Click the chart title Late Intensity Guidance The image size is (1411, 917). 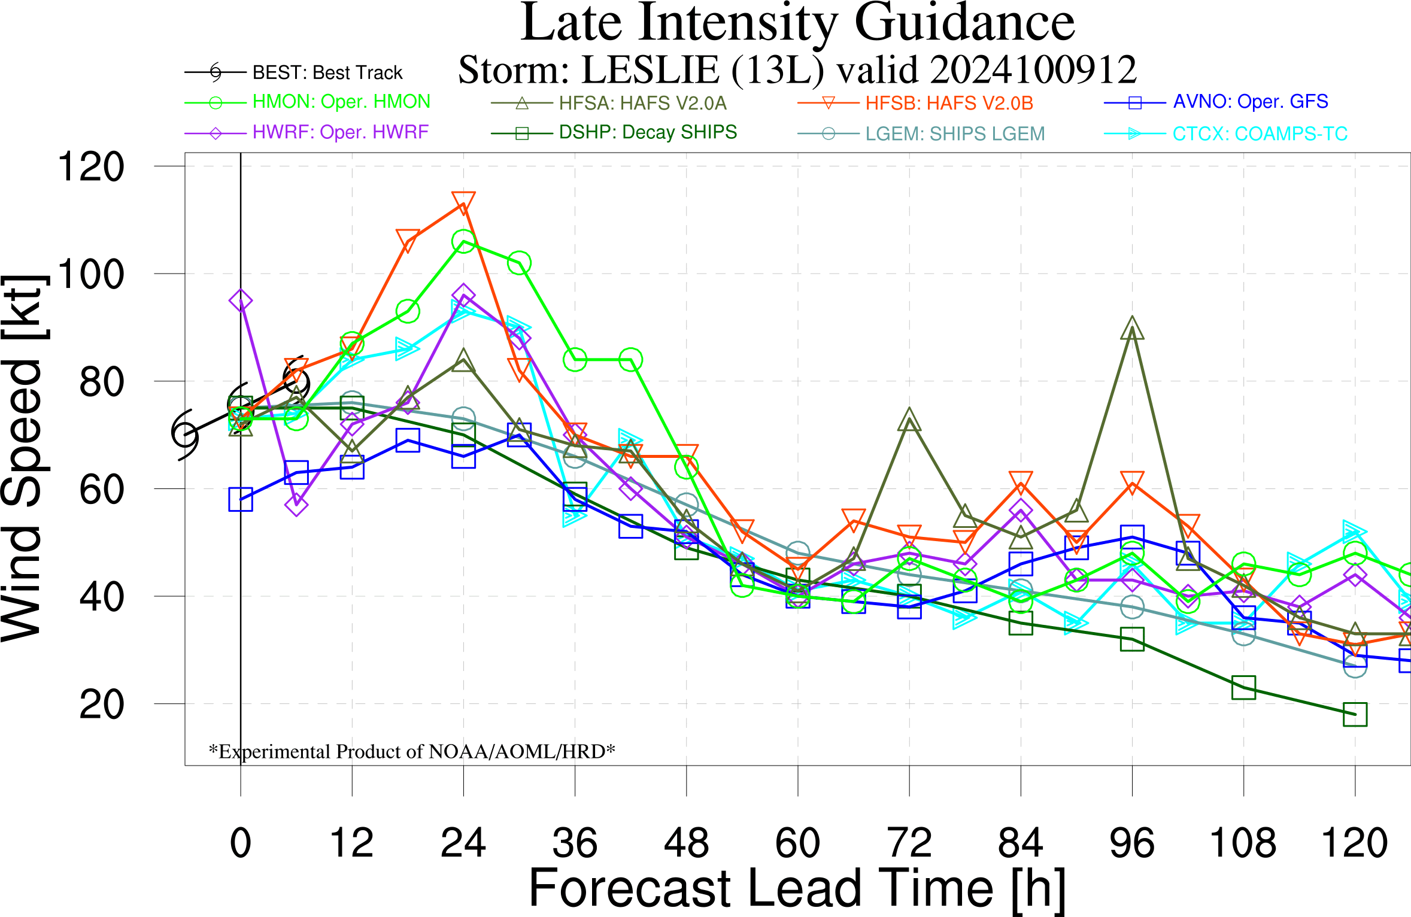[797, 24]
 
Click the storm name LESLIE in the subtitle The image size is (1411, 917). [650, 70]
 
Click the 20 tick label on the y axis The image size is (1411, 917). [102, 705]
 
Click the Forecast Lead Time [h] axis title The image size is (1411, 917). [797, 888]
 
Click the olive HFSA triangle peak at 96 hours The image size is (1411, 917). [1132, 329]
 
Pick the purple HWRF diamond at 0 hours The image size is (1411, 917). [241, 300]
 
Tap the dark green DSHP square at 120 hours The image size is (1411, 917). [1355, 714]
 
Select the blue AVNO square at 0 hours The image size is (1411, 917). [241, 499]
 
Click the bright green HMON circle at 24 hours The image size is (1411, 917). [463, 242]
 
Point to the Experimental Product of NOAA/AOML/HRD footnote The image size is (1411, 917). [412, 751]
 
